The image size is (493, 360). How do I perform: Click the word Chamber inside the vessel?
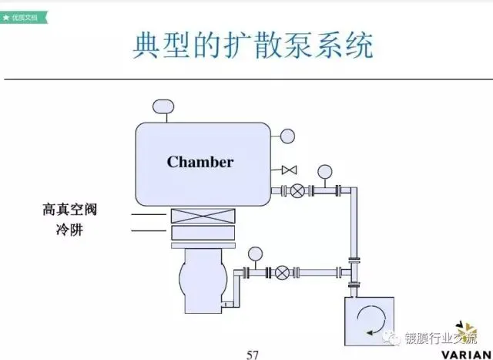coord(200,162)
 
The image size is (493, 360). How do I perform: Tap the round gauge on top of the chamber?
coord(163,106)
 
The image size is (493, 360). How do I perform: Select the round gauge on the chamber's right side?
coord(287,136)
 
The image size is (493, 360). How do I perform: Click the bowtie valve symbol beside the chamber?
coord(290,170)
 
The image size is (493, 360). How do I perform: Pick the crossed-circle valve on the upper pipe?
coord(297,191)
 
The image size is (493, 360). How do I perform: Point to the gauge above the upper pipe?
coord(324,171)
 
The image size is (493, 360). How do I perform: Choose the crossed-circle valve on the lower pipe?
coord(282,272)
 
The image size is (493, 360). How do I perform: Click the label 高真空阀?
coord(69,210)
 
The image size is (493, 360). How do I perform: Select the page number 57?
coord(252,354)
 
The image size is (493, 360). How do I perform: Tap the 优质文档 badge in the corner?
coord(23,15)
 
